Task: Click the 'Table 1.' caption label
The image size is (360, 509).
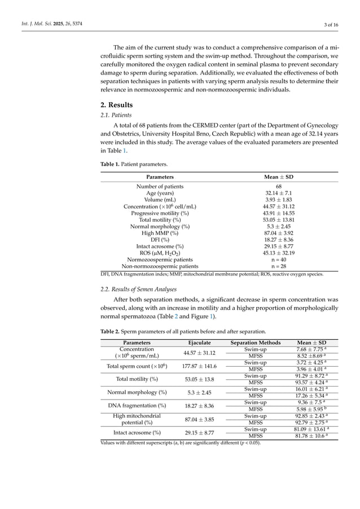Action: pos(112,164)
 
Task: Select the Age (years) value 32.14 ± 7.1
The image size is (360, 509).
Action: pos(279,194)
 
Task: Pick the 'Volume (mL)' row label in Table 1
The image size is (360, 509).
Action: pos(160,200)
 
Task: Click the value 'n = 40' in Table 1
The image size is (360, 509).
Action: pos(279,260)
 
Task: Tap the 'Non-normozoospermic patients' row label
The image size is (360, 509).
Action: pos(160,266)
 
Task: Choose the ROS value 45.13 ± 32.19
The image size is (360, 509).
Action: pos(279,253)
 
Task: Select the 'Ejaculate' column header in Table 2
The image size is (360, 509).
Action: pos(199,343)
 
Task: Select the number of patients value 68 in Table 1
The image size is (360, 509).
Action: pos(279,187)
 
